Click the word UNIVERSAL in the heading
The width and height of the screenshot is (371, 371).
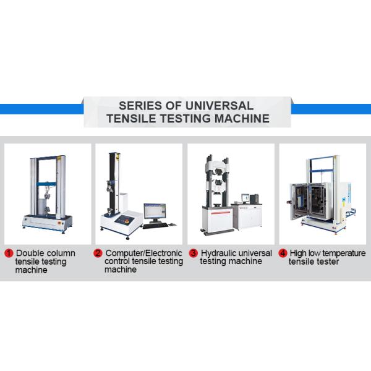coord(220,106)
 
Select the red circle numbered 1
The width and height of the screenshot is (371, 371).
coord(9,253)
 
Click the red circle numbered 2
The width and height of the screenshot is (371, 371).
coord(98,253)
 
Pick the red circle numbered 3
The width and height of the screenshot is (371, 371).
coord(194,253)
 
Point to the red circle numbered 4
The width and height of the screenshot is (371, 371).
coord(283,253)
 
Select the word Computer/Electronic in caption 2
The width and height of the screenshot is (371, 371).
coord(144,253)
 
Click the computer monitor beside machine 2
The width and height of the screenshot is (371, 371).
coord(155,211)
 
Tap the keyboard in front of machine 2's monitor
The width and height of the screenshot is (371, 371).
coord(155,225)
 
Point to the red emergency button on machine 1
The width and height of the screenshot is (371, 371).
coord(59,223)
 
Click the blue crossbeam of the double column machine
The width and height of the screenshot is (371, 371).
coord(46,184)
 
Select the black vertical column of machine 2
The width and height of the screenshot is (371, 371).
coord(111,183)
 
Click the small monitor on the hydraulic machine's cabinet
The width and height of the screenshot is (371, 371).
coord(245,198)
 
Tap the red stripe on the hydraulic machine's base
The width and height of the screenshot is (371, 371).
coord(221,213)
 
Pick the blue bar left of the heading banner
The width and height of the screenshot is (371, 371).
coord(41,109)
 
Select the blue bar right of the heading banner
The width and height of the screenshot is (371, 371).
coord(331,109)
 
